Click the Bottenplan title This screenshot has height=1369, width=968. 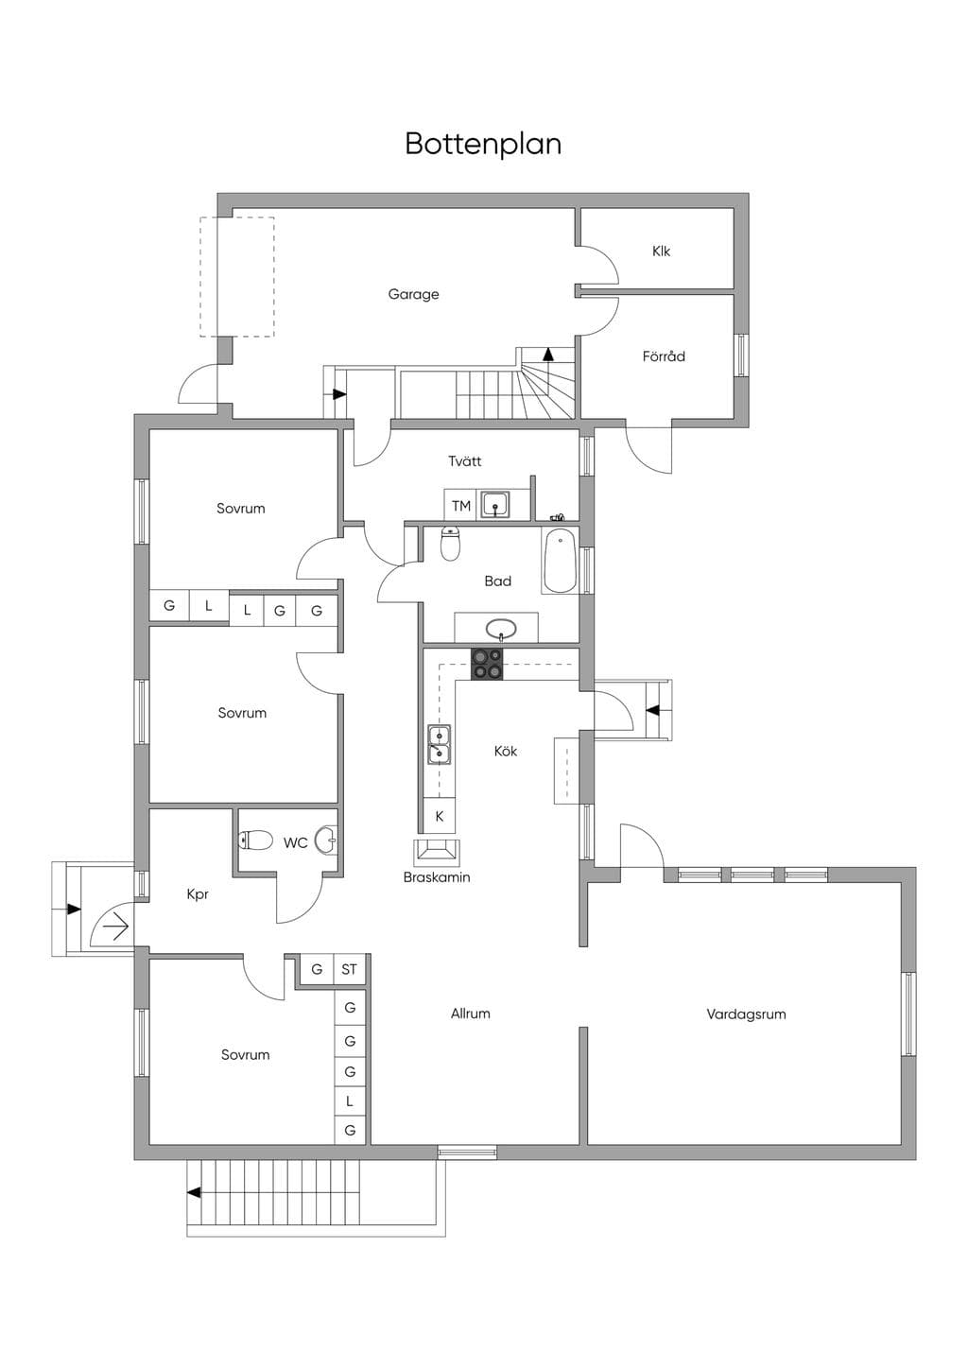click(x=483, y=144)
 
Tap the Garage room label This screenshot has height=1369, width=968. click(x=414, y=295)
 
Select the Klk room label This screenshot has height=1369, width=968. click(x=661, y=251)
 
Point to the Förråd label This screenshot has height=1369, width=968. click(x=664, y=355)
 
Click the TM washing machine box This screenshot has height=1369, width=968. click(x=460, y=506)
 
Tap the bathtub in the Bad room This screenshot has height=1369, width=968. click(x=560, y=561)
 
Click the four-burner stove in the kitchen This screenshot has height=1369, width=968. click(x=487, y=665)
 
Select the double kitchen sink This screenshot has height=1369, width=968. click(x=439, y=744)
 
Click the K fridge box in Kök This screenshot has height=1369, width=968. click(x=440, y=816)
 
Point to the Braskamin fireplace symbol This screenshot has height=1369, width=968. click(x=437, y=851)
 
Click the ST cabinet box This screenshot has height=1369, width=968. click(x=350, y=969)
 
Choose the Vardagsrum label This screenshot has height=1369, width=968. click(x=746, y=1014)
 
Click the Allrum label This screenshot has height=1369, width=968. click(x=471, y=1014)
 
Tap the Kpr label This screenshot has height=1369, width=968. click(x=198, y=894)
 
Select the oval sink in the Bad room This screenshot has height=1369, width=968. click(x=501, y=628)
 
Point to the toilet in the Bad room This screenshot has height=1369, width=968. click(x=450, y=544)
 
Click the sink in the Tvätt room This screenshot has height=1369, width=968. click(x=494, y=504)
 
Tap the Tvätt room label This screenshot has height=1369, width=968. click(x=464, y=460)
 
